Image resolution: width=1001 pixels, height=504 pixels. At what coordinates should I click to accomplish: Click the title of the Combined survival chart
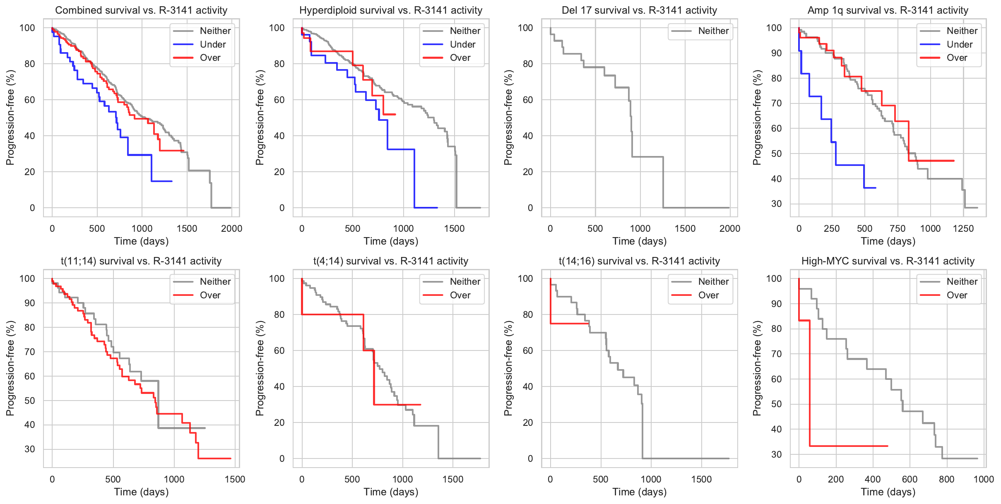click(x=141, y=10)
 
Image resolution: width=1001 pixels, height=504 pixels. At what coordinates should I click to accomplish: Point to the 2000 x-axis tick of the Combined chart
click(x=231, y=228)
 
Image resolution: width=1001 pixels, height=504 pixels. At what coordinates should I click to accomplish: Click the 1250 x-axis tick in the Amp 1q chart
click(x=963, y=228)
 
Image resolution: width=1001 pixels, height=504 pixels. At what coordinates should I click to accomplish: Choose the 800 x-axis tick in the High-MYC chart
click(x=947, y=479)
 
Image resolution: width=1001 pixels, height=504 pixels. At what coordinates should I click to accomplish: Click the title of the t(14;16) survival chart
click(x=639, y=261)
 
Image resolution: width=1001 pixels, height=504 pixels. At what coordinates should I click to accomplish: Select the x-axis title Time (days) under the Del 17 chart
click(x=639, y=241)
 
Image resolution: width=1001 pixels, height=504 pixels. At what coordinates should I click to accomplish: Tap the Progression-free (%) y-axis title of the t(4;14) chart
click(x=260, y=368)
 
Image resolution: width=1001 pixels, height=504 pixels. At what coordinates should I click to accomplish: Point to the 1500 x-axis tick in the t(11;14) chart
click(x=235, y=479)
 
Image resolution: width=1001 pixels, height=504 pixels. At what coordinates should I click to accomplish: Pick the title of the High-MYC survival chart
click(x=888, y=261)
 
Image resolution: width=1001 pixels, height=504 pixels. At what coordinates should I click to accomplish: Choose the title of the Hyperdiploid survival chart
click(x=391, y=10)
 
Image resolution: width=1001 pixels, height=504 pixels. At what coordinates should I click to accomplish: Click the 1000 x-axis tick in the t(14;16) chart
click(x=651, y=479)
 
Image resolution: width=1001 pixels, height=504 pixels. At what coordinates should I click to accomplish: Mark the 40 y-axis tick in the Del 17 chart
click(x=528, y=136)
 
